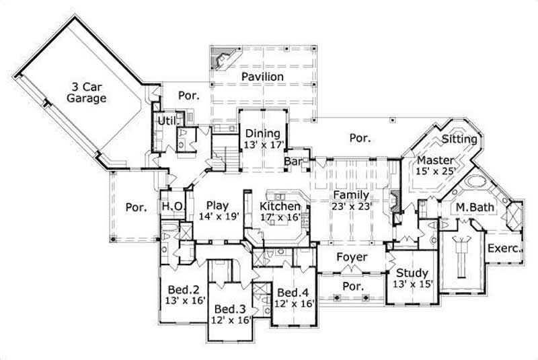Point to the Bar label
click(x=293, y=162)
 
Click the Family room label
click(x=350, y=195)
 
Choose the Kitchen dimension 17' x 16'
click(x=281, y=217)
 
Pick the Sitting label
click(x=459, y=139)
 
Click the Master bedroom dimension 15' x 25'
click(x=436, y=172)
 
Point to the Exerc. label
click(x=504, y=248)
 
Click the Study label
click(x=412, y=273)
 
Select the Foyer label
click(x=352, y=257)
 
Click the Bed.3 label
click(x=230, y=309)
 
